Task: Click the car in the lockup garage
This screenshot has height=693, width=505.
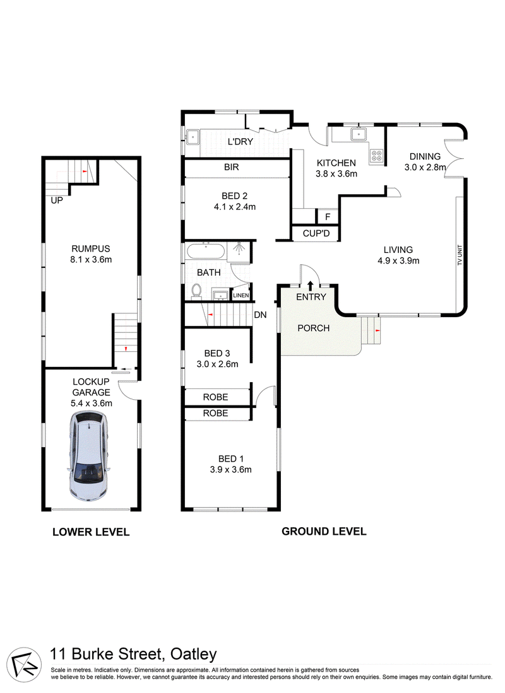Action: coord(88,456)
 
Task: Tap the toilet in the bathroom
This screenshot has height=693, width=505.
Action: coord(196,290)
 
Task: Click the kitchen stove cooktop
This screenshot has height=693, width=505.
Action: coord(377,156)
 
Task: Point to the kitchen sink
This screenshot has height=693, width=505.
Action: coord(358,134)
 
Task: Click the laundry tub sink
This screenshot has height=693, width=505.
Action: coord(193,137)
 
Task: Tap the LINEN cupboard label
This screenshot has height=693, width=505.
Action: coord(241,295)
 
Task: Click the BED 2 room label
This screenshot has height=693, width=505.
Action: coord(235,195)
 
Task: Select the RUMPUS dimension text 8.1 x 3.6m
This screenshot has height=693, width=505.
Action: coord(91,260)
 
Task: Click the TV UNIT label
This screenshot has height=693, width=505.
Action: coord(460,255)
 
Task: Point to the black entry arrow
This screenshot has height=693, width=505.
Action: coord(310,285)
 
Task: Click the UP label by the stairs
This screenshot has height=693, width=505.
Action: coord(57,201)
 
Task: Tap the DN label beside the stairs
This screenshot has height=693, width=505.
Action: coord(260,315)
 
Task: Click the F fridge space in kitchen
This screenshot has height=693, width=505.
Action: coord(328,216)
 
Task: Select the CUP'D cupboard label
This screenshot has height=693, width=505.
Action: coord(316,233)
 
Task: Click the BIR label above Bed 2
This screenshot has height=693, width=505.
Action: coord(232,167)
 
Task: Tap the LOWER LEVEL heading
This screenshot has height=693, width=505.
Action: coord(91,532)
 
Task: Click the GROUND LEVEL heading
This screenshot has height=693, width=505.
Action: coord(324,532)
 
